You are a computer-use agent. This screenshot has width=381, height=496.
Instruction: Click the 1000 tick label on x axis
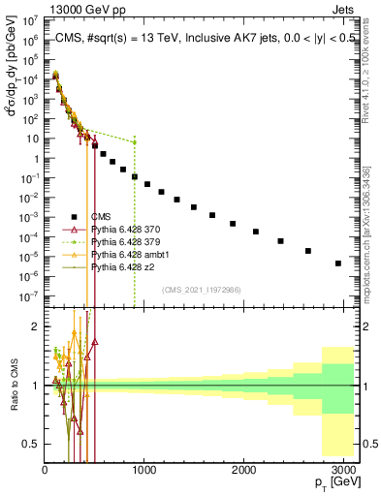[x=144, y=470]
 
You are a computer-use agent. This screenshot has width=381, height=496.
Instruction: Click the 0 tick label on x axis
[x=45, y=470]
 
